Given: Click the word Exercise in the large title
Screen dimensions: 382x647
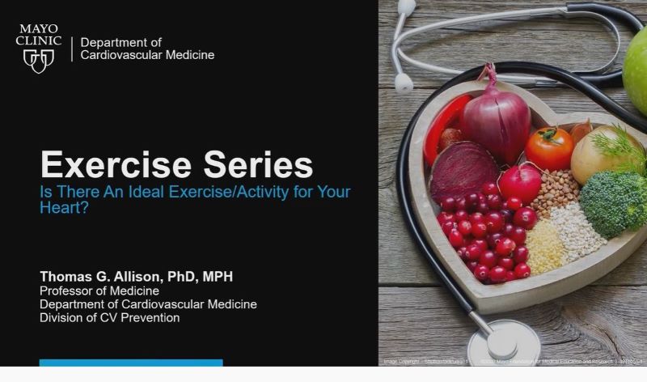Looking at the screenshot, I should click(105, 165).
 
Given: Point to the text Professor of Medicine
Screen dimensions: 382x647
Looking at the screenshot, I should click(99, 291).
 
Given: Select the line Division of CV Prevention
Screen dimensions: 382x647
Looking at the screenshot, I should click(110, 317).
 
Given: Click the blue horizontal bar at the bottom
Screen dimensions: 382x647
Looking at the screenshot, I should click(130, 363).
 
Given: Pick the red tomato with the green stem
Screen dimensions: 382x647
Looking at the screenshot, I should click(549, 148).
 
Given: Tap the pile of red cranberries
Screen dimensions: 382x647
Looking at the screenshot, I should click(485, 231).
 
